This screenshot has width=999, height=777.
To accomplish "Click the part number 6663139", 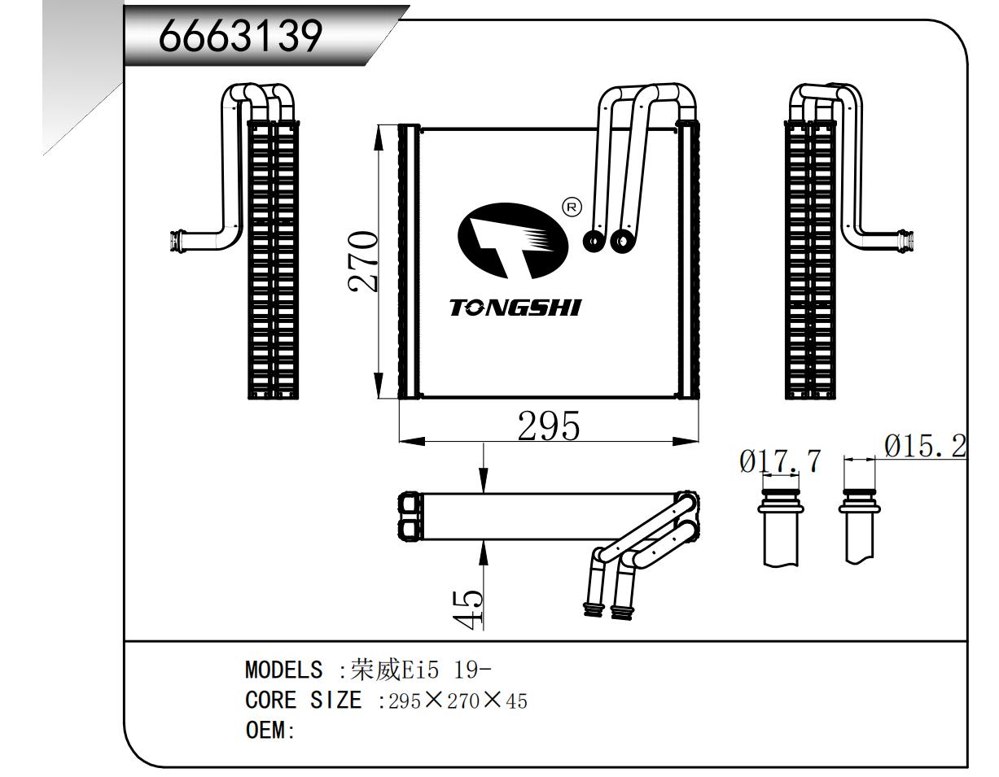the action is point(240,36).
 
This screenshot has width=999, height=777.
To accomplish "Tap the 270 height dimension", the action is point(363,261).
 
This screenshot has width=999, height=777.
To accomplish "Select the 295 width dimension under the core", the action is point(549,426).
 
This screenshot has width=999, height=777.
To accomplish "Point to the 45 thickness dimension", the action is point(468,607).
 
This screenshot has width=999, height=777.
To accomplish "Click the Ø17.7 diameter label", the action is point(780,461).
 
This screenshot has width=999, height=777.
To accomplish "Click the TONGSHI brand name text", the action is point(515,308).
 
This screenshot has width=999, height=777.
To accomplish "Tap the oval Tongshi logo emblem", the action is point(513,240).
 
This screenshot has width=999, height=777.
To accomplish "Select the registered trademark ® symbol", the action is point(572,207).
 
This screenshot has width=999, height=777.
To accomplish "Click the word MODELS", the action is point(283,670).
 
